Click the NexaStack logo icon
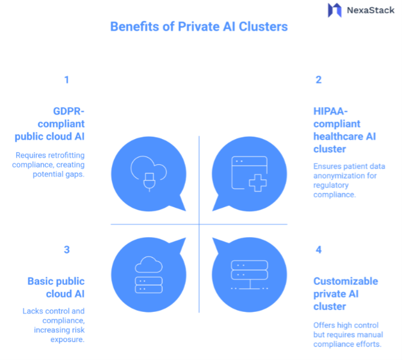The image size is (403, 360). [x=334, y=10]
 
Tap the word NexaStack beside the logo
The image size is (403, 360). [x=370, y=10]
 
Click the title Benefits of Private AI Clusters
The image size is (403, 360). [x=199, y=27]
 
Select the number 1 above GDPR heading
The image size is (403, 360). [x=67, y=79]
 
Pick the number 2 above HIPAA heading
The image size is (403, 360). [x=319, y=79]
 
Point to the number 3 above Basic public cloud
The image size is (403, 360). [x=67, y=250]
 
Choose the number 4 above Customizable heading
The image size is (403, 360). [x=319, y=250]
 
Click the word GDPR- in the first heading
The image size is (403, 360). [x=69, y=111]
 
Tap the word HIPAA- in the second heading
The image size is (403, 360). [x=331, y=111]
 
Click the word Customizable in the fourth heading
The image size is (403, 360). [x=345, y=281]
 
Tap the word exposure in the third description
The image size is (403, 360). [x=67, y=340]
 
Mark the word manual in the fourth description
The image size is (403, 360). [x=370, y=335]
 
